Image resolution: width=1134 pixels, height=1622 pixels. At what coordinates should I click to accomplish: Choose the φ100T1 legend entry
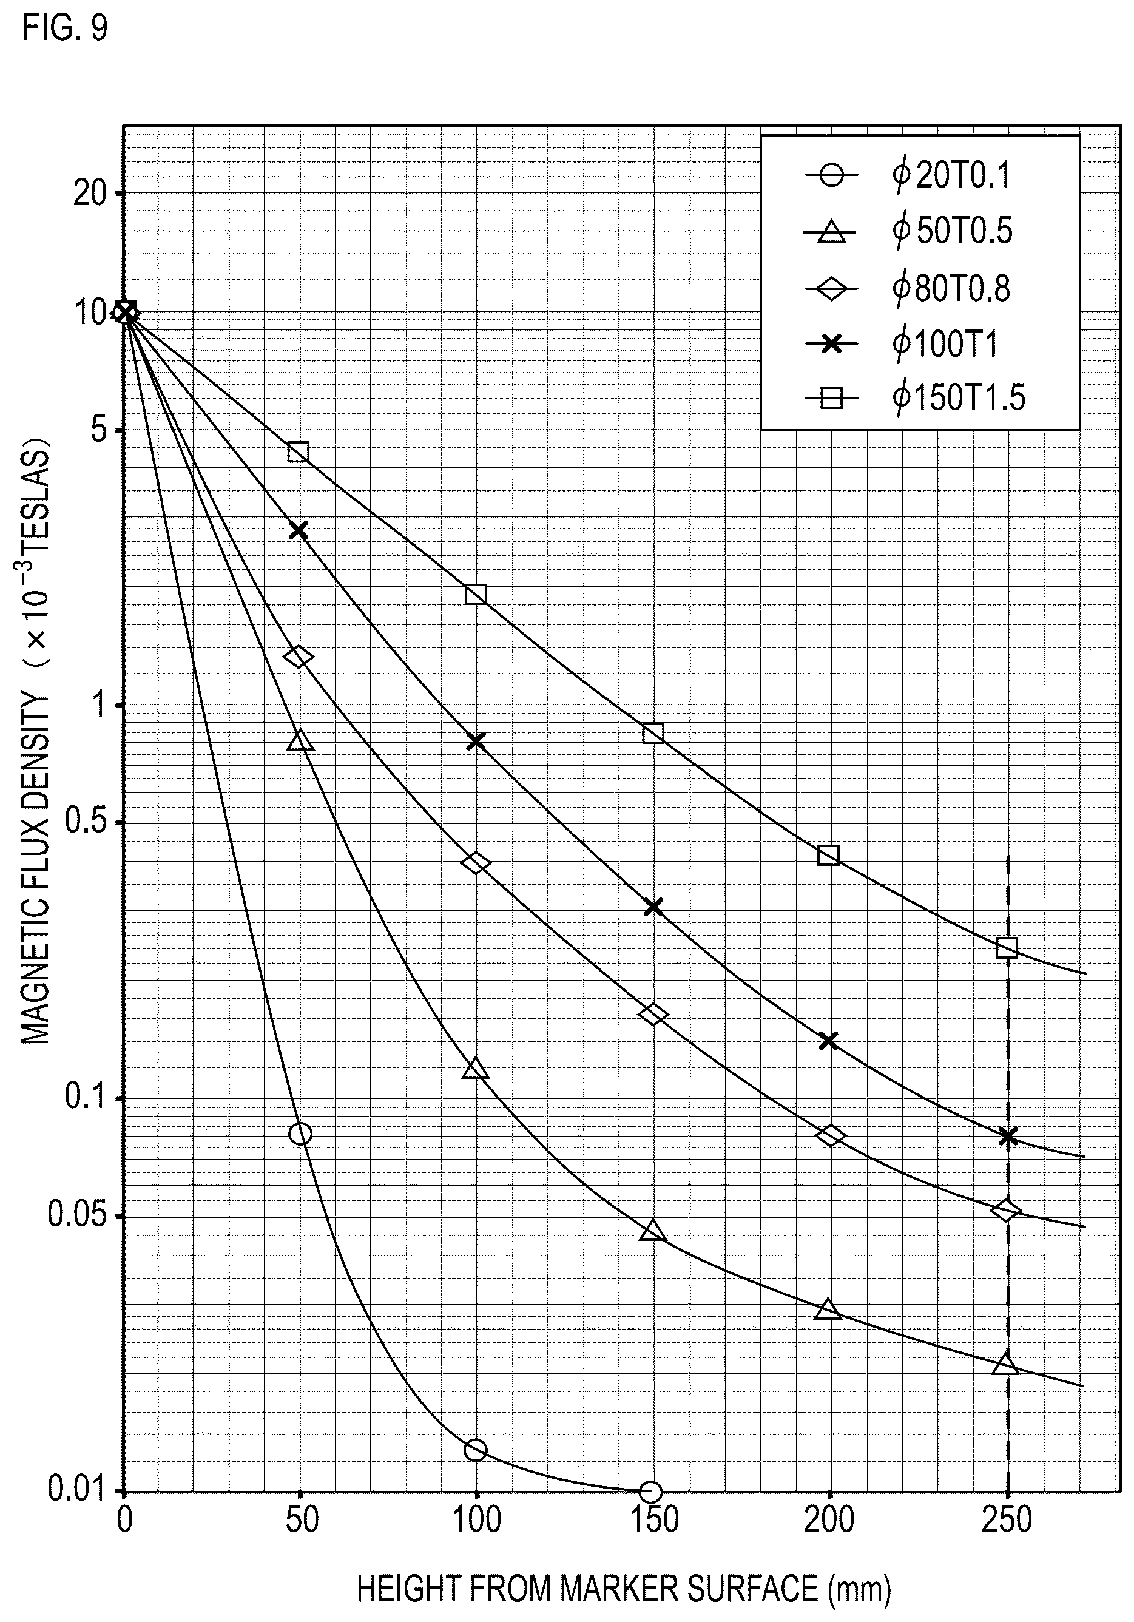[902, 344]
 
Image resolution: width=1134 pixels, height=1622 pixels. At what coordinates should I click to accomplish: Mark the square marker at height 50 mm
[298, 452]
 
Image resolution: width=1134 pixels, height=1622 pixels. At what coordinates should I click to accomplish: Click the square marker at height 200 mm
[829, 856]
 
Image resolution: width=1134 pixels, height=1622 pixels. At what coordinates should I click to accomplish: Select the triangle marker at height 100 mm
[476, 1069]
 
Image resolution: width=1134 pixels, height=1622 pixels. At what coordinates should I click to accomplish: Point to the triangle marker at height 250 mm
[1006, 1363]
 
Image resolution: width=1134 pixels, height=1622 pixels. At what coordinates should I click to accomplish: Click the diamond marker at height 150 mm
[653, 1015]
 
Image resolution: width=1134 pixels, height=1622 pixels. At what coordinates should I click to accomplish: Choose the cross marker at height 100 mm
[476, 741]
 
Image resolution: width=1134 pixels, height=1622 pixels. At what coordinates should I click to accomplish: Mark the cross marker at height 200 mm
[829, 1041]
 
